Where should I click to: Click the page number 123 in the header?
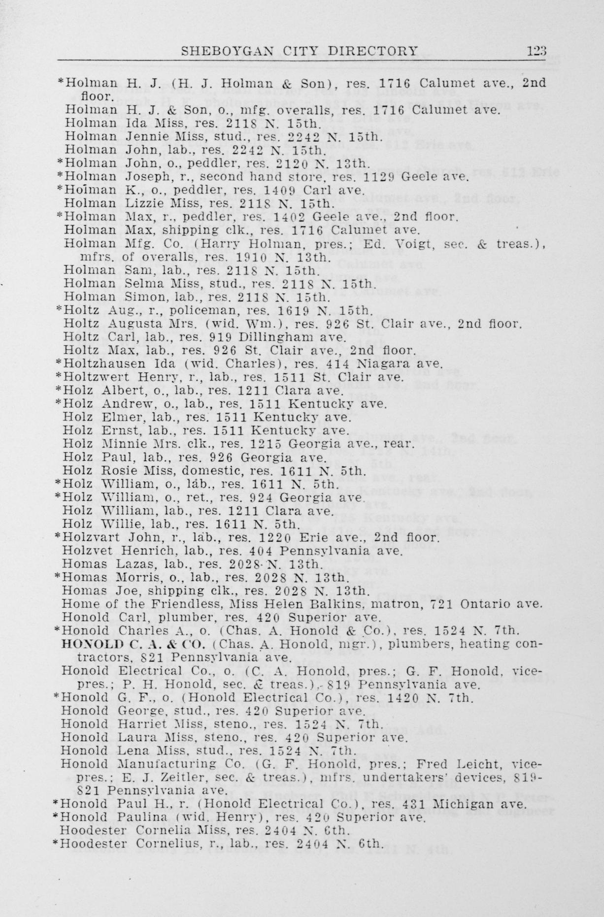536,50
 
